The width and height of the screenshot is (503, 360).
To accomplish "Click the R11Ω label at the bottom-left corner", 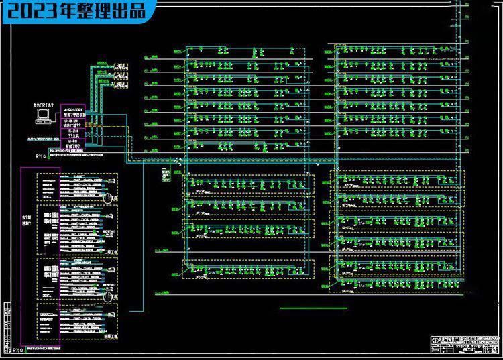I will (18, 350).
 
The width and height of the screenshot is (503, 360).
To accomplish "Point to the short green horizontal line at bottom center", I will (304, 308).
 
